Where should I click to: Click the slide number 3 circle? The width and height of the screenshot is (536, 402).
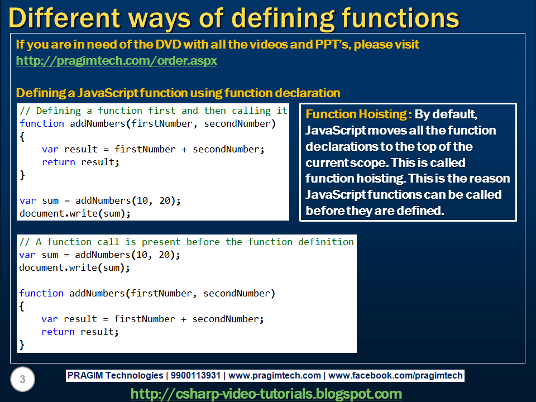tap(22, 380)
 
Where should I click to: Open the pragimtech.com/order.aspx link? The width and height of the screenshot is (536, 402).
tap(116, 60)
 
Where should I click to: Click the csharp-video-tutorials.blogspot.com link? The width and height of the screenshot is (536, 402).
tap(266, 394)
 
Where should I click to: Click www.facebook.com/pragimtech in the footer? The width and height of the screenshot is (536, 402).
tap(395, 376)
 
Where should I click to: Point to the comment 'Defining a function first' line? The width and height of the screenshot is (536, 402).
tap(154, 111)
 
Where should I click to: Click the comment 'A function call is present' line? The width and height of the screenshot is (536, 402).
tap(186, 242)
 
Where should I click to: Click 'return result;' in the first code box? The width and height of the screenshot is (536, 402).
tap(81, 162)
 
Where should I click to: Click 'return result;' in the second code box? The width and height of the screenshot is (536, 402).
tap(80, 332)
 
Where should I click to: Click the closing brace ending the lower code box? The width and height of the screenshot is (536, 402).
tap(22, 344)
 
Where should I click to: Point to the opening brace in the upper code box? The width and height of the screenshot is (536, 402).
tap(22, 136)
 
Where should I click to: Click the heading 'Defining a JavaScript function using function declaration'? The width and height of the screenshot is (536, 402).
tap(178, 93)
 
